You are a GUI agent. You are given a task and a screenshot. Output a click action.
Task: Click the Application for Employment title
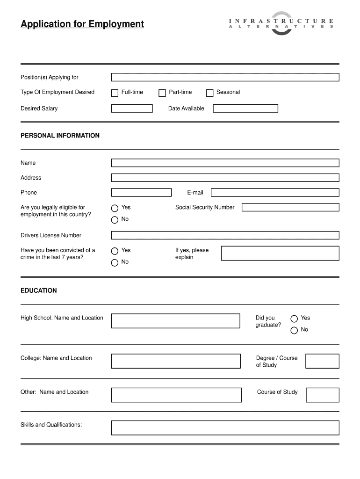82,24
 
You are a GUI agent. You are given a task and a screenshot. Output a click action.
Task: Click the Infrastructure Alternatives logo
281,23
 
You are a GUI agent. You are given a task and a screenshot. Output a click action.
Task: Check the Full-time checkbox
115,93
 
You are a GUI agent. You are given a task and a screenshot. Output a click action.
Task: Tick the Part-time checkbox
162,93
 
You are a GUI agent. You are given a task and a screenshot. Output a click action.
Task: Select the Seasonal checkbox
209,93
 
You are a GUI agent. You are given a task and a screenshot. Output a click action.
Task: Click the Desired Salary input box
132,109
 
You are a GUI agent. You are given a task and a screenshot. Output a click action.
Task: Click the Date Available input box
245,109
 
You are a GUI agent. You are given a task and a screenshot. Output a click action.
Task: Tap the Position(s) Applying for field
225,77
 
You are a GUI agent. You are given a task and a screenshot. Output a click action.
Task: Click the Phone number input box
141,192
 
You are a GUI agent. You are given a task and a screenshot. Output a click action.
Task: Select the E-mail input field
274,192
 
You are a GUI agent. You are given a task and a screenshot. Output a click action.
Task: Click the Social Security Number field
290,207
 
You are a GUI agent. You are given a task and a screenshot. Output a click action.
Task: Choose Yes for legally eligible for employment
115,208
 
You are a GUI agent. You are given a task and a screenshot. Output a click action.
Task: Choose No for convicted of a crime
115,262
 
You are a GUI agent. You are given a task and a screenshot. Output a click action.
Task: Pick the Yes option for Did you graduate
294,319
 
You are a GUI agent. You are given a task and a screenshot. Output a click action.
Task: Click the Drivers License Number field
225,235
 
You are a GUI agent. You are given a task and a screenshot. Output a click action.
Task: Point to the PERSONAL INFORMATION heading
60,136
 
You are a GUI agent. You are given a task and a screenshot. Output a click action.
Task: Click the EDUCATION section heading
39,290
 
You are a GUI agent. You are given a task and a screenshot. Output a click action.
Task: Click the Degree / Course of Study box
322,361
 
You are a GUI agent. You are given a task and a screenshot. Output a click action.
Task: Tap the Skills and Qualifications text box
225,428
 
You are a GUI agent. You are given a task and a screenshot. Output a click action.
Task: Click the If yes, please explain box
280,253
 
